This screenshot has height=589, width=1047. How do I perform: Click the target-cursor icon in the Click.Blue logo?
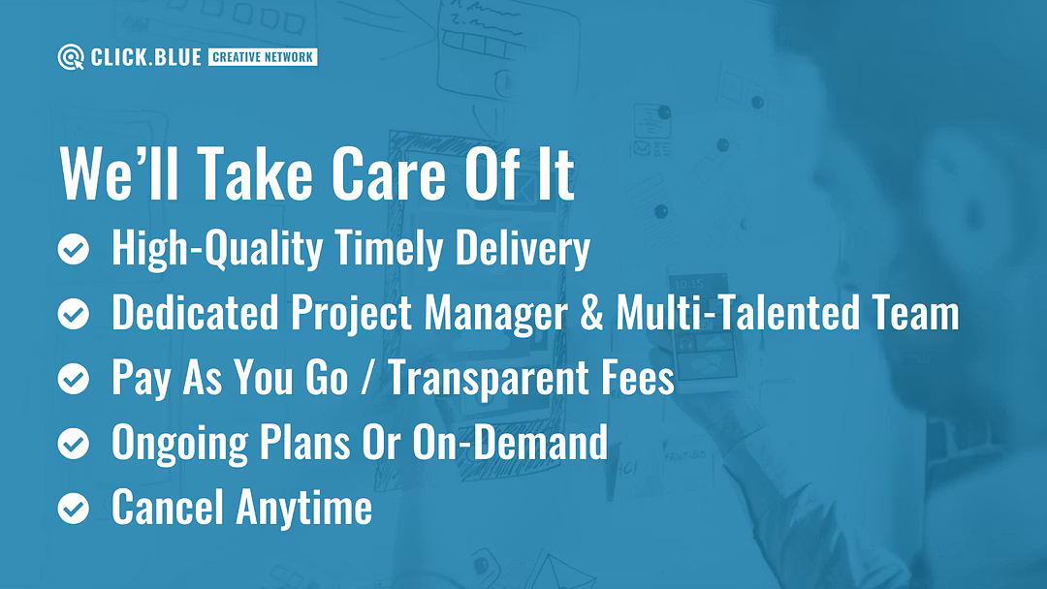pyautogui.click(x=70, y=57)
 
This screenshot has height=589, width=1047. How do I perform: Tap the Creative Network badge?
pyautogui.click(x=263, y=57)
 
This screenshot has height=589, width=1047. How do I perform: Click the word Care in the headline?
pyautogui.click(x=389, y=173)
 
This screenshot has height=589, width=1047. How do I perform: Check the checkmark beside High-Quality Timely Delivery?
pyautogui.click(x=74, y=250)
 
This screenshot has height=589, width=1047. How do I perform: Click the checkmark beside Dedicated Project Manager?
pyautogui.click(x=74, y=314)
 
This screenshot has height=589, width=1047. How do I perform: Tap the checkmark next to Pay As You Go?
pyautogui.click(x=74, y=379)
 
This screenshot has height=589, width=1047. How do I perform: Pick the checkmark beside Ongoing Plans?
pyautogui.click(x=74, y=444)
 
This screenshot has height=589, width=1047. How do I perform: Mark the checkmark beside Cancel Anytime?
pyautogui.click(x=74, y=509)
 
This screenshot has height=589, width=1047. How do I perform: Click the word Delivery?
pyautogui.click(x=523, y=249)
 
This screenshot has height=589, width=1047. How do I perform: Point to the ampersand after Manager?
pyautogui.click(x=591, y=313)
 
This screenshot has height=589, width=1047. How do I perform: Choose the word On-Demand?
pyautogui.click(x=510, y=442)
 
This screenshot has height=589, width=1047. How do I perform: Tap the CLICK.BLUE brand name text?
pyautogui.click(x=145, y=57)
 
